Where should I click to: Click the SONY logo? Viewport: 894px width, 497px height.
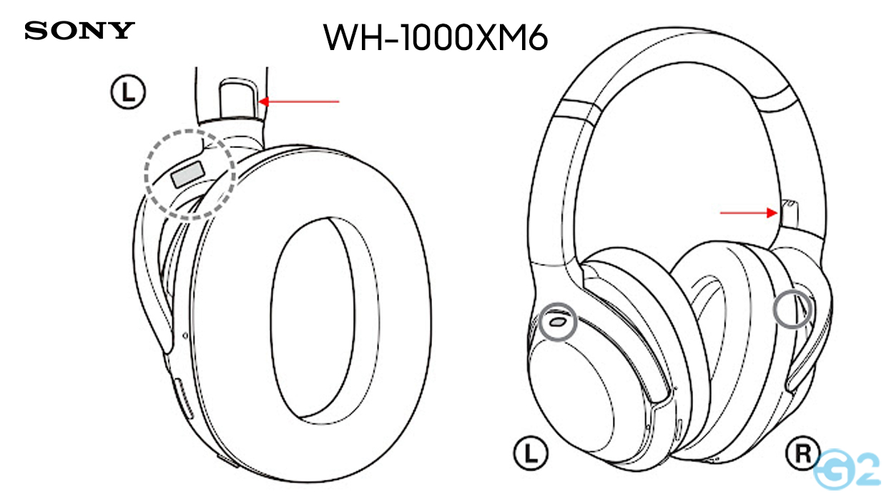pos(79,31)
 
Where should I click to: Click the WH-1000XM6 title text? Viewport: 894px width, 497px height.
pos(436,37)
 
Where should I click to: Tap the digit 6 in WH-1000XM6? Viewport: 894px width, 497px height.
pos(535,38)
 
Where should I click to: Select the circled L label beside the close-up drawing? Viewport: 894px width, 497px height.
pos(129,92)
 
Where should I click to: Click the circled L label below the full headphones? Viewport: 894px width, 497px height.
pos(529,453)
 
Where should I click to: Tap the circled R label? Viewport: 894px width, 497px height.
pos(802,453)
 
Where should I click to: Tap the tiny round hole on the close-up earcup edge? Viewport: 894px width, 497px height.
pos(186,335)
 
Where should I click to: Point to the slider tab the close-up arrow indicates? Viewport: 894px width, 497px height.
pos(238,100)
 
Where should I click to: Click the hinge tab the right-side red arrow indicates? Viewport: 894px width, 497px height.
pos(790,214)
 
